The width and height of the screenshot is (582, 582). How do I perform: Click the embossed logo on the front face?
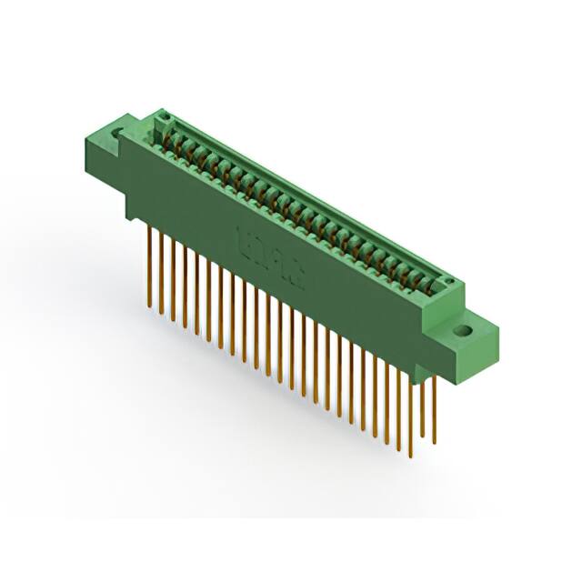click(x=272, y=256)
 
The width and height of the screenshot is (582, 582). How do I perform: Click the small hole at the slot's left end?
click(x=166, y=118)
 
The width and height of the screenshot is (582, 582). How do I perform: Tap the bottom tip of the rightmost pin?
click(x=435, y=445)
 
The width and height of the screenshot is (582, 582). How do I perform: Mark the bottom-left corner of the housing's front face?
click(x=127, y=218)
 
